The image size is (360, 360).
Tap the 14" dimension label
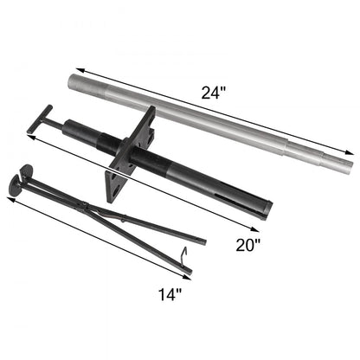171,295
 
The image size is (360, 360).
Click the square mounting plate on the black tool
131,155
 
